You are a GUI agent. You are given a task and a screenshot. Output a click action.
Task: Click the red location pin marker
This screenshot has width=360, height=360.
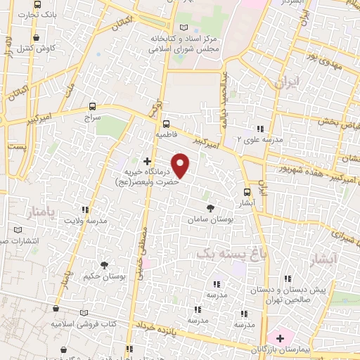coord(181,165)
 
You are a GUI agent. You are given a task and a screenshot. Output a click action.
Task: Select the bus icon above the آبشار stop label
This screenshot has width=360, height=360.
coord(246,191)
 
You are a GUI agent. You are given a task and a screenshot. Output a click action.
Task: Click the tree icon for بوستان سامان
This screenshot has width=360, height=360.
coord(210,207)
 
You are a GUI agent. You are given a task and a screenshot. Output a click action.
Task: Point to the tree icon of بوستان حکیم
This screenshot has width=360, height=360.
coord(104,265)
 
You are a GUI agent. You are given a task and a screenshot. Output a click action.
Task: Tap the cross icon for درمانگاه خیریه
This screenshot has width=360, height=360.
coord(147,161)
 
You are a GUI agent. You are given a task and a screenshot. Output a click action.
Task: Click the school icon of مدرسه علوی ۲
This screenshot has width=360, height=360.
coord(260,129)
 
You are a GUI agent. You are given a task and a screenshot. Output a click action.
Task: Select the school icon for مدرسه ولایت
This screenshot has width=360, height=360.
coord(85,210)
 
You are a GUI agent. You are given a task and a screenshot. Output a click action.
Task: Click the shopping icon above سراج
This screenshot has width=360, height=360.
coord(96,108)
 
